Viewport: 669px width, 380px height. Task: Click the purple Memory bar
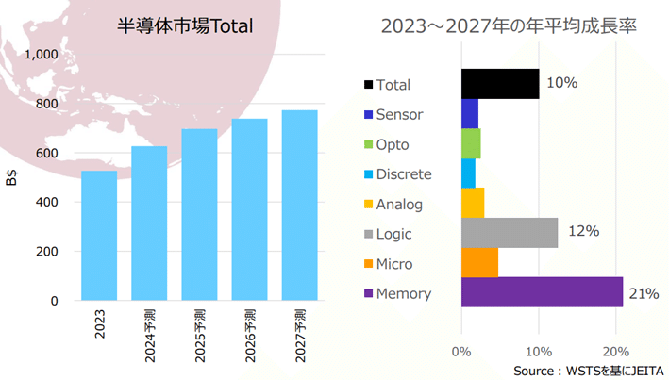click(542, 292)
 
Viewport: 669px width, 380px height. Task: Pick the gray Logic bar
click(510, 232)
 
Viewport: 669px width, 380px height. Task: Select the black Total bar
click(499, 84)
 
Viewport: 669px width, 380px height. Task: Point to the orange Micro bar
click(479, 263)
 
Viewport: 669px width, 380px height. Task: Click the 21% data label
click(644, 293)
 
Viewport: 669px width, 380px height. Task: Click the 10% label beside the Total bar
click(561, 83)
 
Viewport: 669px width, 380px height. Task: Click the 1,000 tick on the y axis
click(42, 55)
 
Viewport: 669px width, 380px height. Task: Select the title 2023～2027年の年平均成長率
click(509, 26)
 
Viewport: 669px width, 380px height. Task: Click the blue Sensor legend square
click(368, 115)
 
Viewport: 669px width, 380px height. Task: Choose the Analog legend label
click(399, 204)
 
